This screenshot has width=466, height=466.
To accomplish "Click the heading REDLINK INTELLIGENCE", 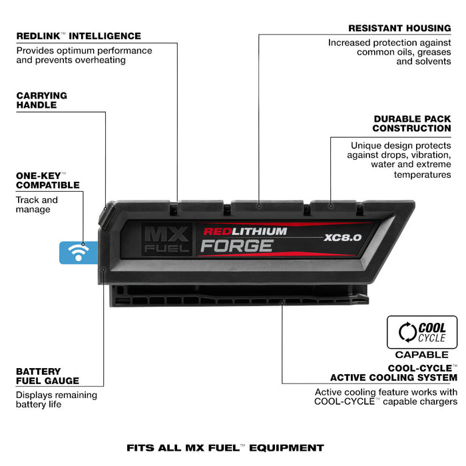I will (79, 36).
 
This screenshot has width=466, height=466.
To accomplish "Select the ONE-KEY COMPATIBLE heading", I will (47, 180).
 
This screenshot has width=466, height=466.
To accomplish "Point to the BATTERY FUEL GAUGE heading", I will (47, 376).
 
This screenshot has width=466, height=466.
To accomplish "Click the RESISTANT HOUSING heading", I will (399, 29).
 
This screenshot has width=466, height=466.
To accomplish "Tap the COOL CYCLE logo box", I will (422, 332).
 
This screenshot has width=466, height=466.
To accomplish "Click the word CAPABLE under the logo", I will (422, 355).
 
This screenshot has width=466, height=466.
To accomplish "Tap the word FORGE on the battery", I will (236, 246).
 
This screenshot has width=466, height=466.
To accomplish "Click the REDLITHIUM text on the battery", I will (244, 232).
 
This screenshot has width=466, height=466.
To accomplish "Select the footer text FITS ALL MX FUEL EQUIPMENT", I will (225, 448).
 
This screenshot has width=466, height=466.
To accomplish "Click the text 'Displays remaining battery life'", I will (56, 399).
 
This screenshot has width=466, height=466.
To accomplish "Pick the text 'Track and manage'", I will (37, 204).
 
